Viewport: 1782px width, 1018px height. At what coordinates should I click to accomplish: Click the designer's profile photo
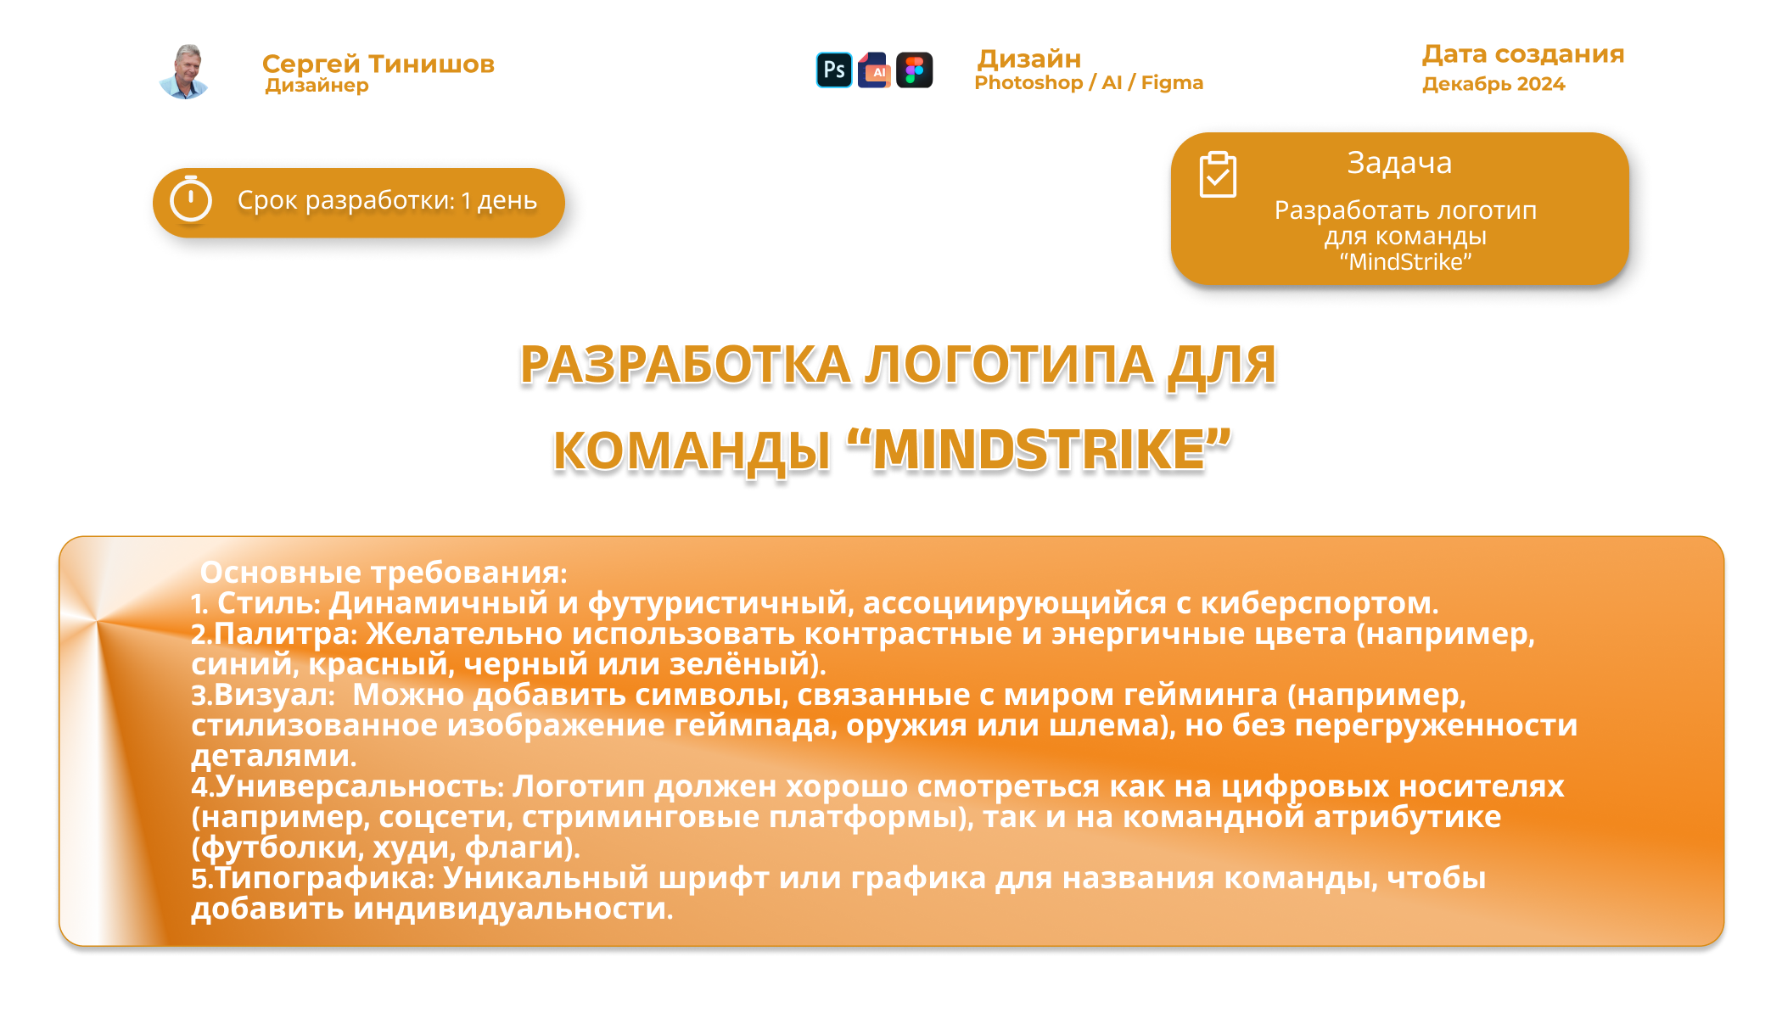click(x=184, y=71)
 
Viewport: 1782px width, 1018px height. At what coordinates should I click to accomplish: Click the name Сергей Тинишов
click(x=378, y=64)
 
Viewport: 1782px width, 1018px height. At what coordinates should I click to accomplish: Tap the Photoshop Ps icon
click(x=834, y=70)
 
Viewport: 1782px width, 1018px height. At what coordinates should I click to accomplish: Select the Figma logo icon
click(x=915, y=70)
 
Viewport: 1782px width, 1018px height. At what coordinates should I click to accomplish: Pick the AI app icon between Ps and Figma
click(x=874, y=70)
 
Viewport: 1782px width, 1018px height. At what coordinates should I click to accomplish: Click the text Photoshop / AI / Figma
click(x=1089, y=82)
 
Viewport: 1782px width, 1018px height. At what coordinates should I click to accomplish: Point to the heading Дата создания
click(x=1523, y=53)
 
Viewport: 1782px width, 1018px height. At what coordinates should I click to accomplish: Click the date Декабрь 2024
click(x=1493, y=84)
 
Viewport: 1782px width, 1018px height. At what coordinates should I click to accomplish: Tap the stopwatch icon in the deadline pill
click(x=191, y=199)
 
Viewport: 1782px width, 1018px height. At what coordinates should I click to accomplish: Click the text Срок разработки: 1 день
click(x=387, y=200)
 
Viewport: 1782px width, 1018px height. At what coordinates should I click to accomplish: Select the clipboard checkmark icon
click(x=1218, y=175)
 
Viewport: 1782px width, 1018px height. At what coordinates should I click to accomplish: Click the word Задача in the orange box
click(x=1399, y=163)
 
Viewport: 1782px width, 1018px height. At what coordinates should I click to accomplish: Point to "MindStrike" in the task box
click(x=1405, y=261)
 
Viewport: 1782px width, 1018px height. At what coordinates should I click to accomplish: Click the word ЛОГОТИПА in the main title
click(x=1009, y=366)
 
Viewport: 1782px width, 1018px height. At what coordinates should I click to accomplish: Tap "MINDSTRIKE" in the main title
click(x=1039, y=450)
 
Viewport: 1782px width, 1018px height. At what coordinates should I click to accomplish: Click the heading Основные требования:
click(x=384, y=573)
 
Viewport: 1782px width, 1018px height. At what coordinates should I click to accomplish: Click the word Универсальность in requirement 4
click(x=360, y=786)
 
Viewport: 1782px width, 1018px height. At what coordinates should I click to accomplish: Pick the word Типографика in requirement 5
click(x=324, y=878)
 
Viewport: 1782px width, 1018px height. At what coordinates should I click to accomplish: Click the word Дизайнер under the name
click(x=317, y=86)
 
